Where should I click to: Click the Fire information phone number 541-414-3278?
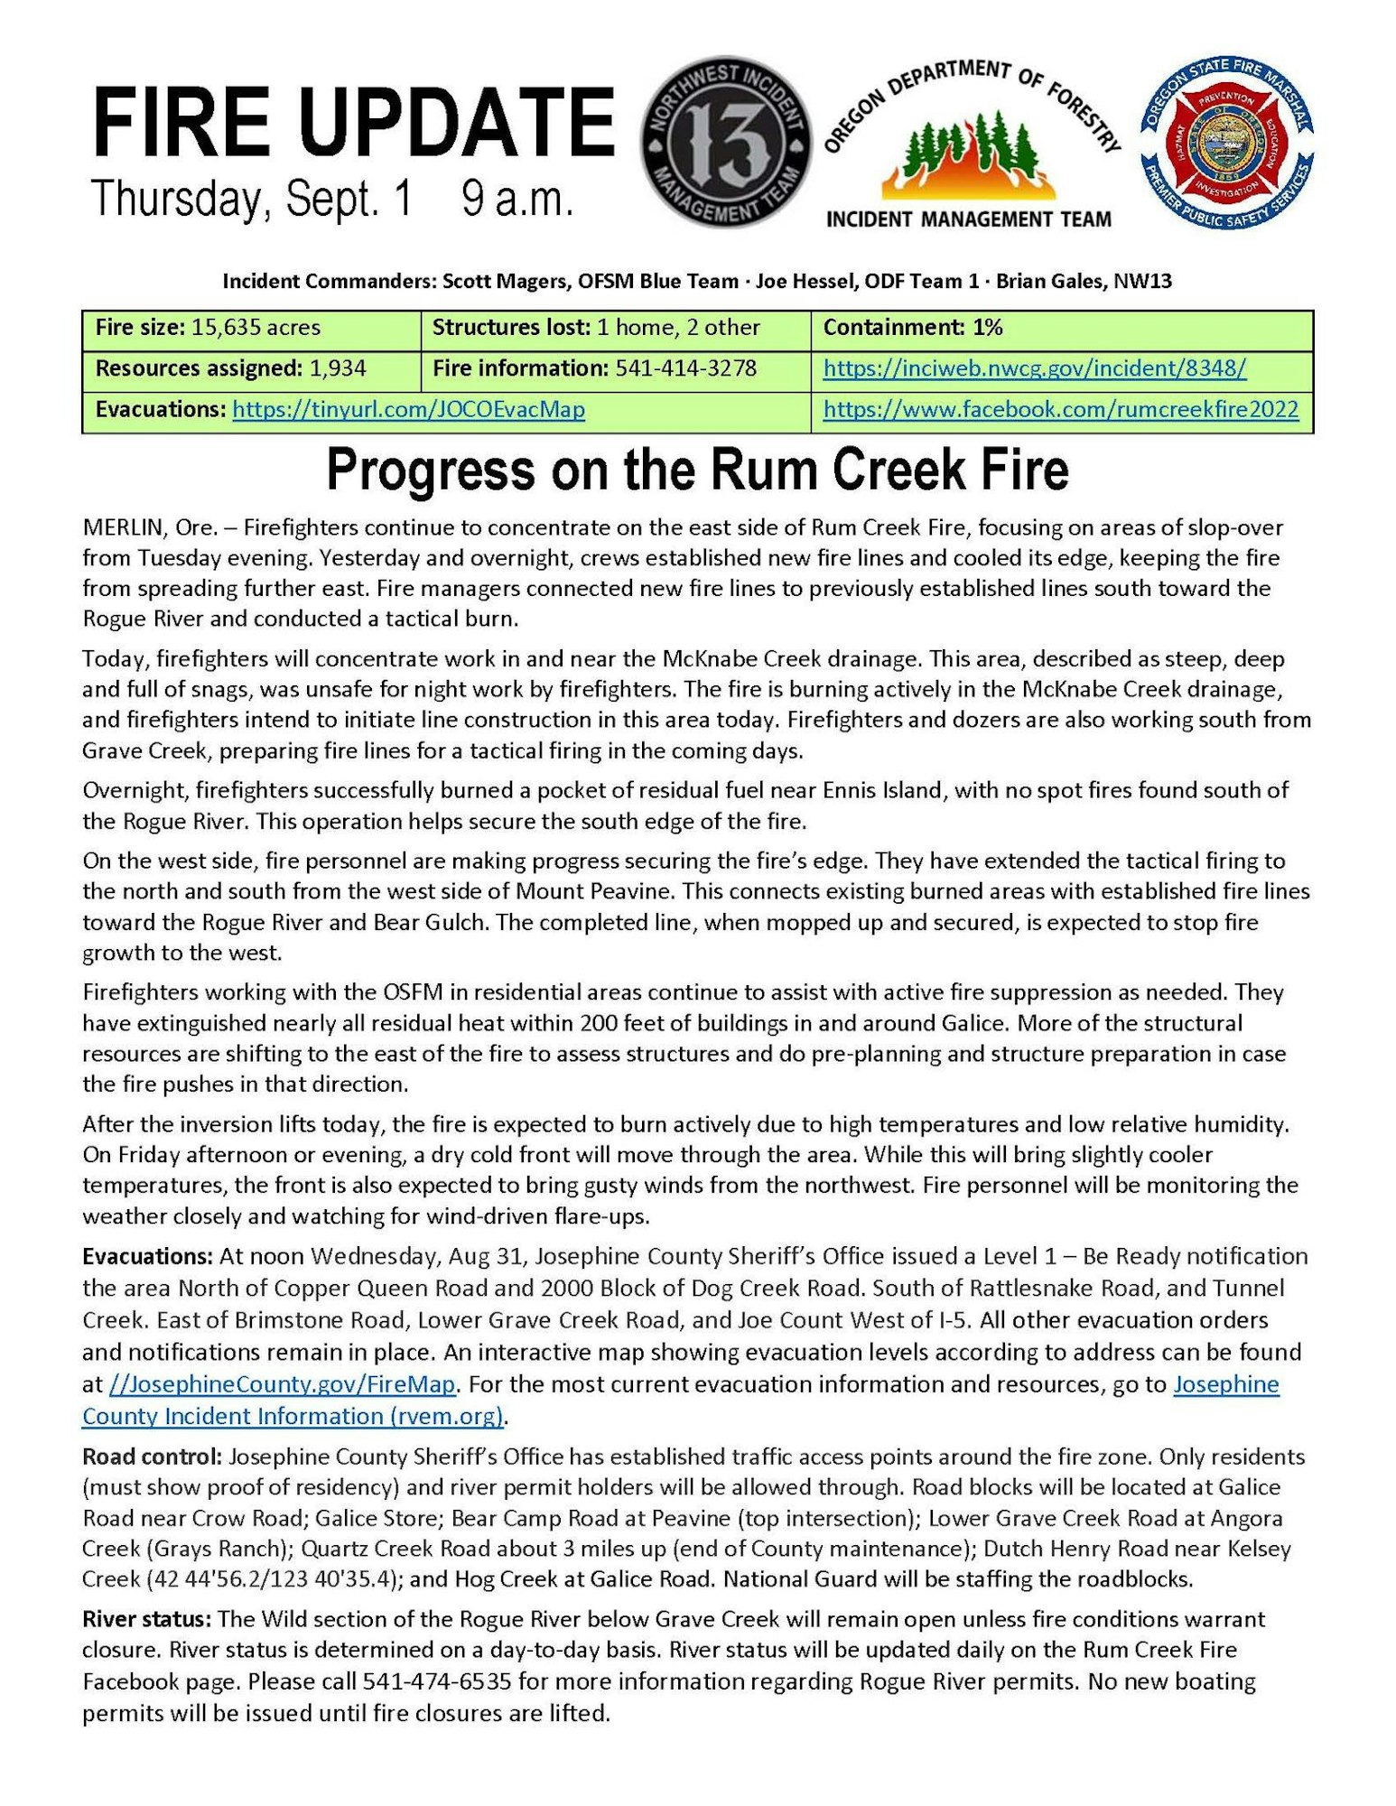(x=685, y=368)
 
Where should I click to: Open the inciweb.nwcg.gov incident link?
(x=1035, y=368)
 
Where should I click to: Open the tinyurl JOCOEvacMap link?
(x=408, y=410)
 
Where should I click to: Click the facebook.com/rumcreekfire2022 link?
(x=1061, y=410)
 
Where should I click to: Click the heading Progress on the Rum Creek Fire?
(x=697, y=470)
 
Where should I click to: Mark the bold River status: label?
(x=147, y=1619)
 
